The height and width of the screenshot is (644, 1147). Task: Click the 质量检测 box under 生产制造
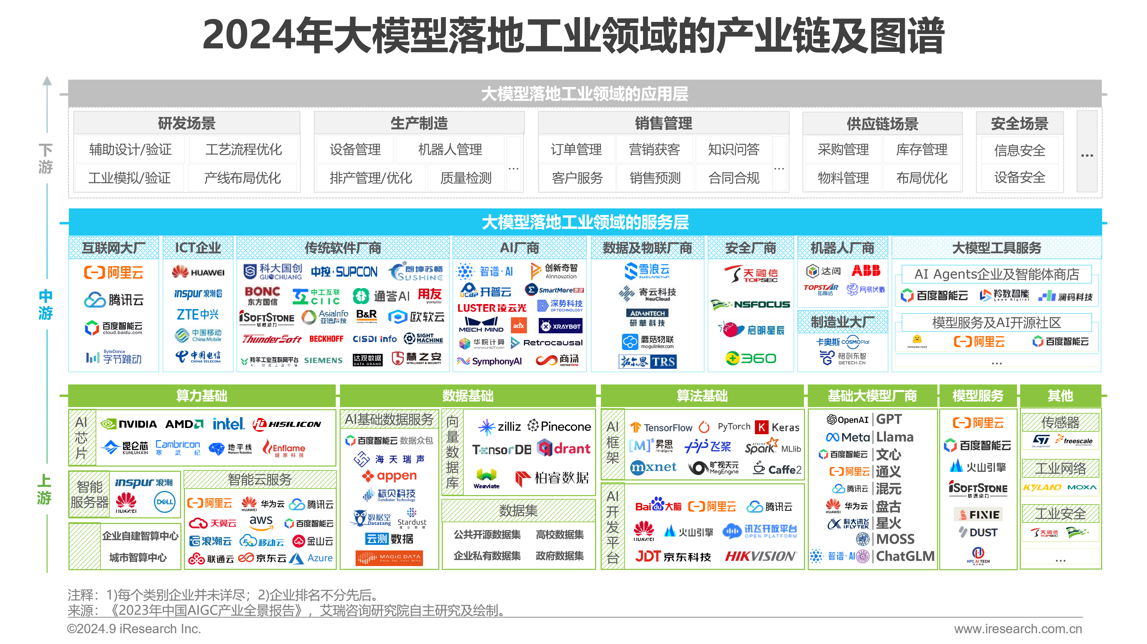[466, 178]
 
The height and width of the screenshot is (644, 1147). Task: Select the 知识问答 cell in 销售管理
[733, 150]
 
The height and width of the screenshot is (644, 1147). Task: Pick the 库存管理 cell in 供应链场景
[922, 150]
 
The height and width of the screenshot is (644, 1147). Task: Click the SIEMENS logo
[323, 360]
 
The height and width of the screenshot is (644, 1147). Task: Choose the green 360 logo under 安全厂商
[751, 358]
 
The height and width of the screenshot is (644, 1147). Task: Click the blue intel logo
[228, 424]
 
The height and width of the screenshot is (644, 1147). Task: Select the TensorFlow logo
[662, 427]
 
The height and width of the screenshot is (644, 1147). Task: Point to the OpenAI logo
[847, 419]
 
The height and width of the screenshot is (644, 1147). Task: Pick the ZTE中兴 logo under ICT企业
[198, 315]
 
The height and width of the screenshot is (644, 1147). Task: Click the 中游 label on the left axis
[46, 304]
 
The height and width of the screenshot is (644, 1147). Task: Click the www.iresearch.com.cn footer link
[1017, 628]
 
